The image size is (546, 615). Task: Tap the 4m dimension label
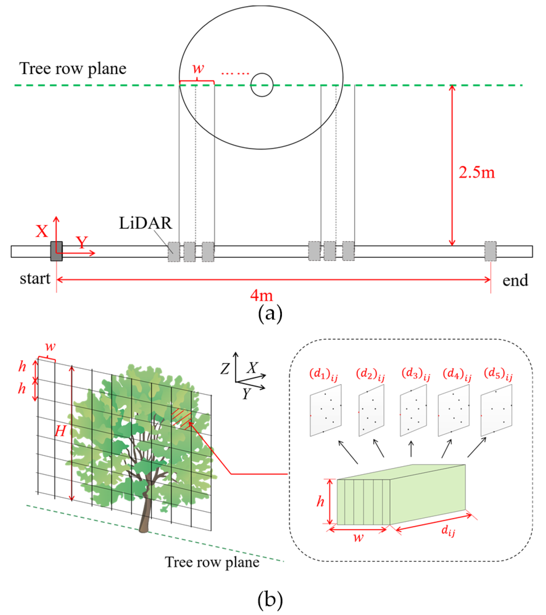pyautogui.click(x=261, y=296)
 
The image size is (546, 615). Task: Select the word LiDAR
pyautogui.click(x=145, y=223)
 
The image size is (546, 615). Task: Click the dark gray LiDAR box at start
pyautogui.click(x=56, y=251)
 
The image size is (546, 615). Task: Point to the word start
pyautogui.click(x=35, y=279)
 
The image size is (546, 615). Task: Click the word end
pyautogui.click(x=515, y=280)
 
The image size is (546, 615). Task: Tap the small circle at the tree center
pyautogui.click(x=262, y=85)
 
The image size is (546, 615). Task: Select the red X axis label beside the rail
pyautogui.click(x=42, y=231)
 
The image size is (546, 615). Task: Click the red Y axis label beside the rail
pyautogui.click(x=81, y=242)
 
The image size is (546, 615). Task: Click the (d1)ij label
pyautogui.click(x=323, y=375)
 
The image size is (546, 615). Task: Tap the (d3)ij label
pyautogui.click(x=416, y=374)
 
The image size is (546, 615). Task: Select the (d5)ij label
pyautogui.click(x=498, y=374)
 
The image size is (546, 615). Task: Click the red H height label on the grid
pyautogui.click(x=60, y=432)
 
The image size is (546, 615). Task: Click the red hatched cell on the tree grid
pyautogui.click(x=182, y=418)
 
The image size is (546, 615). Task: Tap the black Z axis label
pyautogui.click(x=225, y=368)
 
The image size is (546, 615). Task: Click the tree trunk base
pyautogui.click(x=144, y=528)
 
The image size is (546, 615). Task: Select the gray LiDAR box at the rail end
pyautogui.click(x=490, y=251)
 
